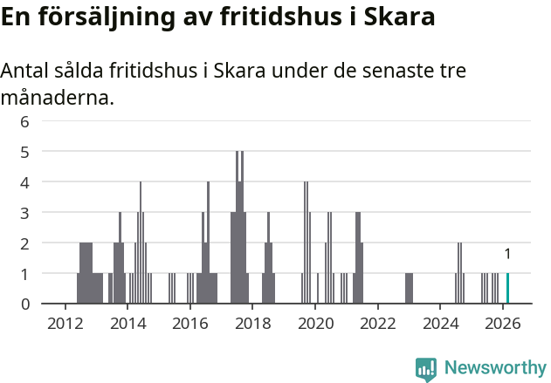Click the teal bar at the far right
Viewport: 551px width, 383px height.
click(x=507, y=288)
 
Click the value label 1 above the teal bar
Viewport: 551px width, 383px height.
click(x=507, y=254)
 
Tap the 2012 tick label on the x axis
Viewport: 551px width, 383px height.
click(x=65, y=322)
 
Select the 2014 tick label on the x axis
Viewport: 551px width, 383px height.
click(x=127, y=322)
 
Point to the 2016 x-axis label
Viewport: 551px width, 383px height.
click(x=190, y=322)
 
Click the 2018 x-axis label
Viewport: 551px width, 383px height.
click(x=252, y=322)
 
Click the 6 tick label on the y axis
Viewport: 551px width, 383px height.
click(x=25, y=121)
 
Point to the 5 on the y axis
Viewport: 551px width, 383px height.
click(x=25, y=152)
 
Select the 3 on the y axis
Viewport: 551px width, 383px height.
click(x=25, y=212)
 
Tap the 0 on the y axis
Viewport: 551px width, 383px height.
click(x=25, y=304)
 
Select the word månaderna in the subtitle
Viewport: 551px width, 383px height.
click(x=57, y=98)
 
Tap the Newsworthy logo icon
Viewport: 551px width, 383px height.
click(x=426, y=368)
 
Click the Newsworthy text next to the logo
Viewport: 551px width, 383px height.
click(x=494, y=368)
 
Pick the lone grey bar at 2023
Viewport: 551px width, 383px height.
click(x=409, y=288)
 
